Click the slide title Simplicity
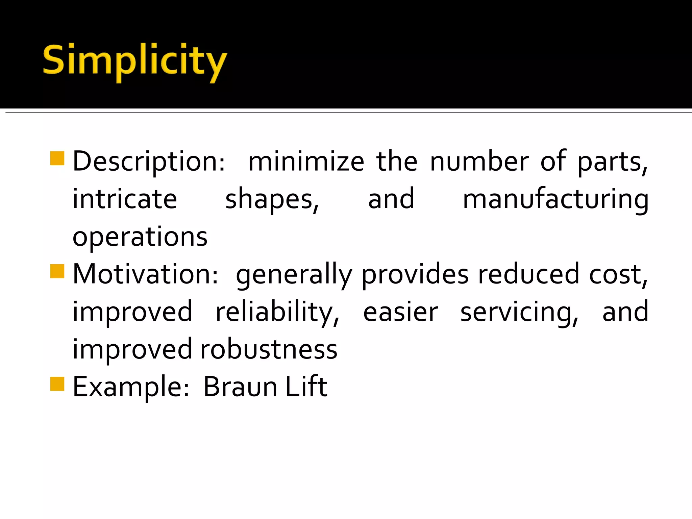click(135, 61)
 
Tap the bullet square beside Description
click(57, 158)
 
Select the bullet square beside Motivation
click(57, 271)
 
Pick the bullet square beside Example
click(57, 384)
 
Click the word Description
click(149, 162)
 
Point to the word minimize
click(306, 162)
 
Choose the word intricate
click(125, 199)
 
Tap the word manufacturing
click(555, 199)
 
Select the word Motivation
click(145, 274)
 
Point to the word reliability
click(277, 312)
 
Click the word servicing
click(519, 312)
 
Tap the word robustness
click(269, 349)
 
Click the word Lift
click(306, 386)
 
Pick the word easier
click(400, 312)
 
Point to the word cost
click(618, 274)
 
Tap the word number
click(479, 162)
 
